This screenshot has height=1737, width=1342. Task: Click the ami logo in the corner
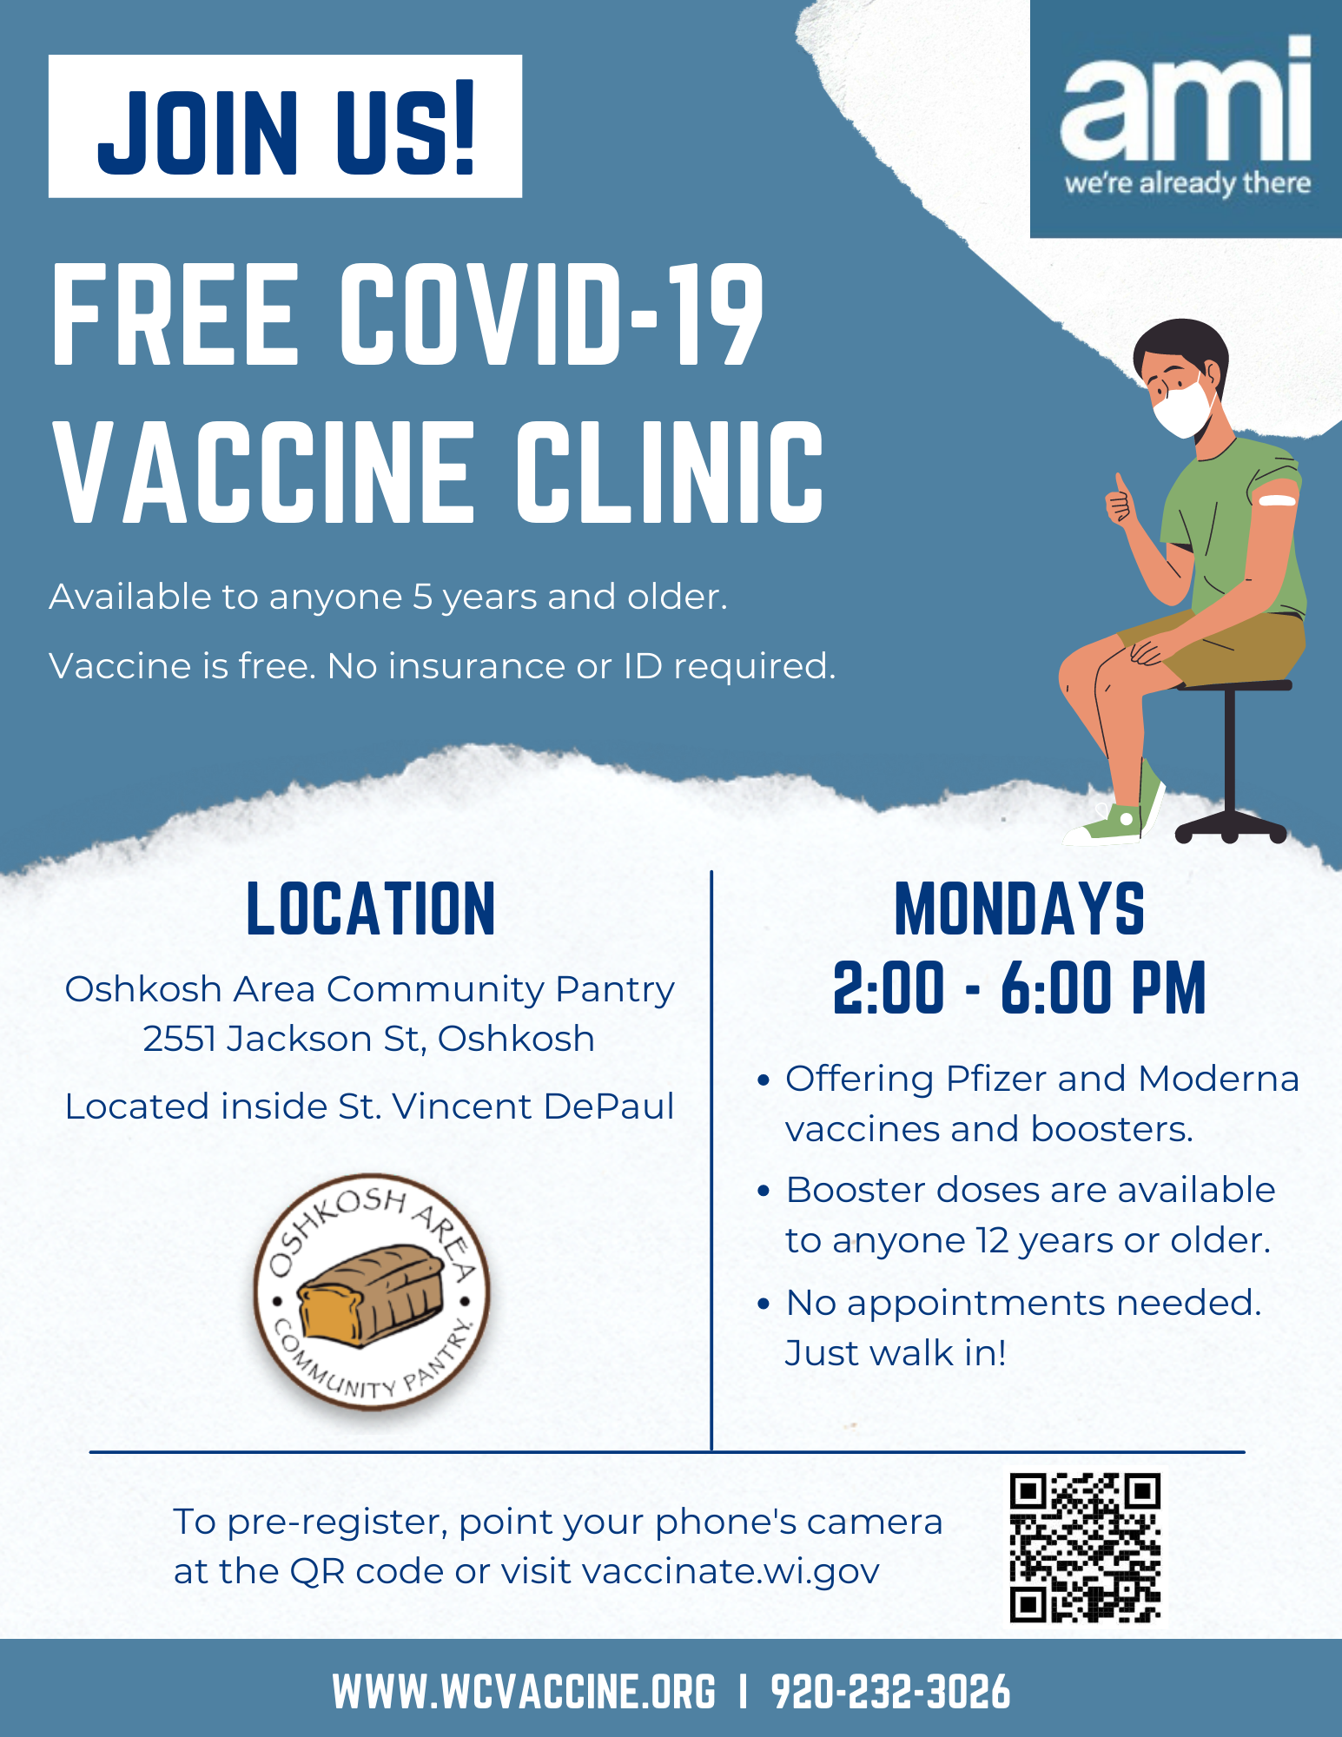(x=1186, y=119)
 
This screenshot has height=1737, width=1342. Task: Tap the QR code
(x=1085, y=1548)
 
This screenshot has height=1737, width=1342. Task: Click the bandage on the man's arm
(x=1278, y=499)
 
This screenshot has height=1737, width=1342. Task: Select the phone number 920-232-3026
(x=890, y=1692)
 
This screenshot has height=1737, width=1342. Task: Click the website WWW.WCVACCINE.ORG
(x=524, y=1692)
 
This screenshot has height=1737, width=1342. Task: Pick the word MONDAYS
(x=1020, y=909)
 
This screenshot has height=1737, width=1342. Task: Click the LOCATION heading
(x=371, y=909)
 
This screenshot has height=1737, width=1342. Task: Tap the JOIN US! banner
(x=285, y=127)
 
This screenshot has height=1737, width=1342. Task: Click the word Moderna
(x=1219, y=1080)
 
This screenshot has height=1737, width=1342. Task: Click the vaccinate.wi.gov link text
(x=730, y=1572)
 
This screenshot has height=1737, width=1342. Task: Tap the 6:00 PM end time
(x=1103, y=988)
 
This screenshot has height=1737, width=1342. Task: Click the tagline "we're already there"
(x=1187, y=184)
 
